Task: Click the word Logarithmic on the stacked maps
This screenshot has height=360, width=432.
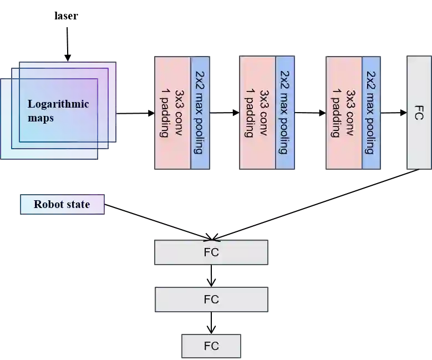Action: coord(58,104)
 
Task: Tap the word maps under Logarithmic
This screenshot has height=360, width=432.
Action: coord(40,118)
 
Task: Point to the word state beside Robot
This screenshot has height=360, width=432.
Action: coord(78,204)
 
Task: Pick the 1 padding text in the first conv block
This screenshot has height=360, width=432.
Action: coord(164,113)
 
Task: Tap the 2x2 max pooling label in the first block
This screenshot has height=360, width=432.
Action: coord(200,113)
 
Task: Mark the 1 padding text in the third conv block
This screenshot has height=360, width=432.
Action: coord(335,113)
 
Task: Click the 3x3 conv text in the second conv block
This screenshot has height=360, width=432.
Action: coord(265,113)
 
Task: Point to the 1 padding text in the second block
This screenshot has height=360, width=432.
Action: coord(250,113)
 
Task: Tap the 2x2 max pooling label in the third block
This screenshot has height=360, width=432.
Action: coord(371,113)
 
